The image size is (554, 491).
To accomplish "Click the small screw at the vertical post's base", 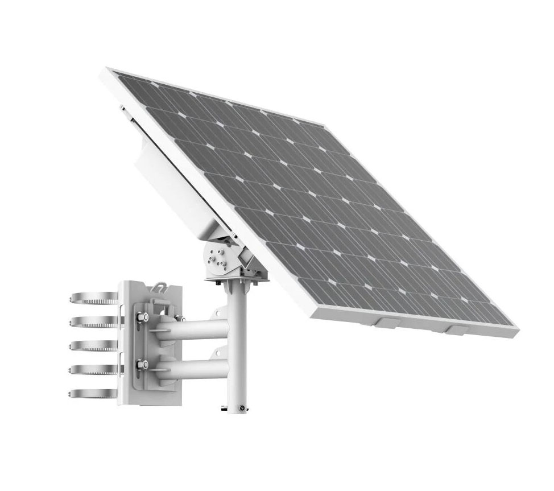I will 243,407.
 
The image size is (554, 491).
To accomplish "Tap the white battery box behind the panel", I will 171,182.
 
